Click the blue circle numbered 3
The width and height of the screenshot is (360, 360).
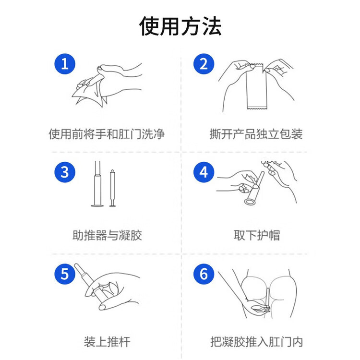(65, 172)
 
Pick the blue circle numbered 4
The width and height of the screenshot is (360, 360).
(204, 172)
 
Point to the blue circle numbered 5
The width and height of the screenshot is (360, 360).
(65, 274)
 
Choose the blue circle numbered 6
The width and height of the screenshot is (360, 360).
(204, 274)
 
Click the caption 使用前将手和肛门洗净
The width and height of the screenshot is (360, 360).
(107, 134)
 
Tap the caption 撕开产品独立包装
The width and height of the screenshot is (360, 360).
(256, 134)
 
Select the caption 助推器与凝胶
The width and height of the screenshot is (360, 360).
(107, 236)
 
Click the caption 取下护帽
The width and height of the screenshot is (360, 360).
(256, 236)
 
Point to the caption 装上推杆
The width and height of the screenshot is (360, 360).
(107, 342)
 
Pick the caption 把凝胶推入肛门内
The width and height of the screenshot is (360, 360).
(256, 342)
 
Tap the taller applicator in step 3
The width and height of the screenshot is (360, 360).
(97, 185)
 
